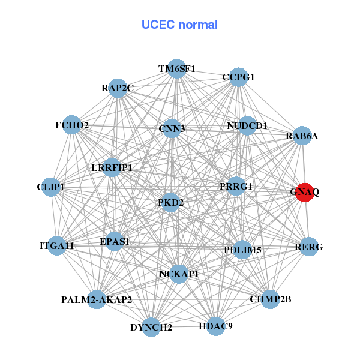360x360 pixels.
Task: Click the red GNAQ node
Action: click(x=305, y=192)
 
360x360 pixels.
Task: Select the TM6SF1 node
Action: click(x=176, y=68)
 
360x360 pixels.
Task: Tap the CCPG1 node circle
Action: click(x=239, y=77)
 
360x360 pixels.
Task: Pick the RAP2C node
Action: click(x=118, y=88)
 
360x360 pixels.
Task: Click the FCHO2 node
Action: click(x=72, y=125)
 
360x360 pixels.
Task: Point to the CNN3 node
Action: click(x=172, y=128)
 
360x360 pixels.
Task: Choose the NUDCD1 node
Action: click(x=247, y=125)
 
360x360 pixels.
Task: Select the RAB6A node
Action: click(x=302, y=136)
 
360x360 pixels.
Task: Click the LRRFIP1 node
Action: click(x=112, y=167)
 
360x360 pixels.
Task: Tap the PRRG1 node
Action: click(x=236, y=187)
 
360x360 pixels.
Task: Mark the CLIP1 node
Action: click(x=51, y=187)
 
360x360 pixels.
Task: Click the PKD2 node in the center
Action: click(x=171, y=202)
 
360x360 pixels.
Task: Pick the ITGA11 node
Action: click(x=57, y=245)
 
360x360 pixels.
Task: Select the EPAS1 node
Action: click(x=115, y=242)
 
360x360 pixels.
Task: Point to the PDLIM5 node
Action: click(x=242, y=250)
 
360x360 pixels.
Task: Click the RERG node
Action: click(x=309, y=247)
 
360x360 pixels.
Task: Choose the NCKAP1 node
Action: click(x=179, y=274)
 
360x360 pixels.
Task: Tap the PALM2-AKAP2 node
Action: click(x=97, y=299)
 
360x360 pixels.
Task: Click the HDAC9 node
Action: click(x=216, y=326)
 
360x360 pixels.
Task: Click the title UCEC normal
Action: click(x=179, y=25)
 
